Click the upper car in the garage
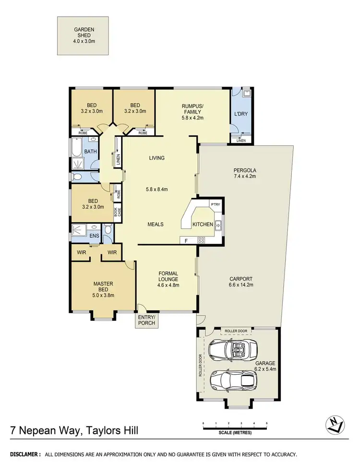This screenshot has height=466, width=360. coord(234,347)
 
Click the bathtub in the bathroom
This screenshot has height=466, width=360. coord(77,149)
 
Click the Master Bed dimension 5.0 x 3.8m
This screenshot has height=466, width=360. coord(103,295)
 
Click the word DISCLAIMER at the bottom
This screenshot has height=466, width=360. coord(25,454)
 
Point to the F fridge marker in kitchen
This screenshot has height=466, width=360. coord(186,240)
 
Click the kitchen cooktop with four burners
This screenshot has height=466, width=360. coord(202,240)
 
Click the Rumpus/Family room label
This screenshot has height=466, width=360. coord(193,109)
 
